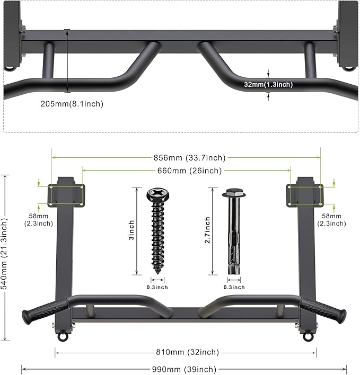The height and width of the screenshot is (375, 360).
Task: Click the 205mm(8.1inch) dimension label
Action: click(72, 104)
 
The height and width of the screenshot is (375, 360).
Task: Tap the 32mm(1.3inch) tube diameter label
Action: click(268, 84)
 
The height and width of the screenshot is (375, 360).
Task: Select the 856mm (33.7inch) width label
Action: click(186, 157)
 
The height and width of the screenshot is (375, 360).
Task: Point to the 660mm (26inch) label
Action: click(186, 171)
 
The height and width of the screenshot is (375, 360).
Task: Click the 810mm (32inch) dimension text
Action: click(186, 352)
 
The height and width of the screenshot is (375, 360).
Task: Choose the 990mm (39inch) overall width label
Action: click(185, 369)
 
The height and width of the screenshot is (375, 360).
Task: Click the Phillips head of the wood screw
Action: click(157, 193)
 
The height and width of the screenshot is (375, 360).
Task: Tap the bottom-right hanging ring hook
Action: click(308, 336)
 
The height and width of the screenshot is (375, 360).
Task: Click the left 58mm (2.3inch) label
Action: click(38, 220)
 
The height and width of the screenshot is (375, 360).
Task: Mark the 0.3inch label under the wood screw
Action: click(157, 287)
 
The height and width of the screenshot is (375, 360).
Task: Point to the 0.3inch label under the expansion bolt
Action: click(234, 287)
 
